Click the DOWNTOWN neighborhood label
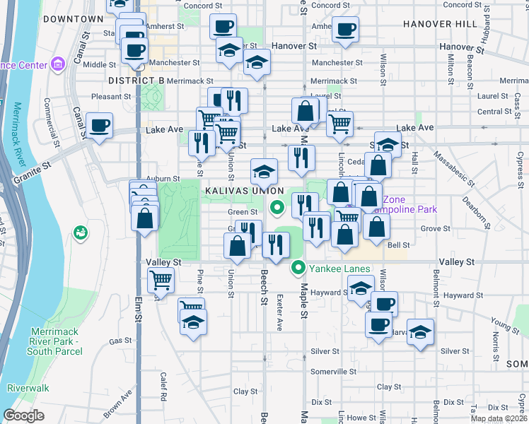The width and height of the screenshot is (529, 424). click(73, 19)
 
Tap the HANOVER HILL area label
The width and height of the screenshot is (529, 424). click(440, 24)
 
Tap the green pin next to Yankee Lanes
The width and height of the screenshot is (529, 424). click(298, 268)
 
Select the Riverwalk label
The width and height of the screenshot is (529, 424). click(28, 388)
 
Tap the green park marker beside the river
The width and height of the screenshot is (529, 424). click(81, 232)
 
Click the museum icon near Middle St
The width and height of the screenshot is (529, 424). click(58, 65)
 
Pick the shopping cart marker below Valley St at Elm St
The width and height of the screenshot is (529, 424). click(161, 281)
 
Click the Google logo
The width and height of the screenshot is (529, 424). click(24, 416)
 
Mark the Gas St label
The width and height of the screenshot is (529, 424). click(120, 341)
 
